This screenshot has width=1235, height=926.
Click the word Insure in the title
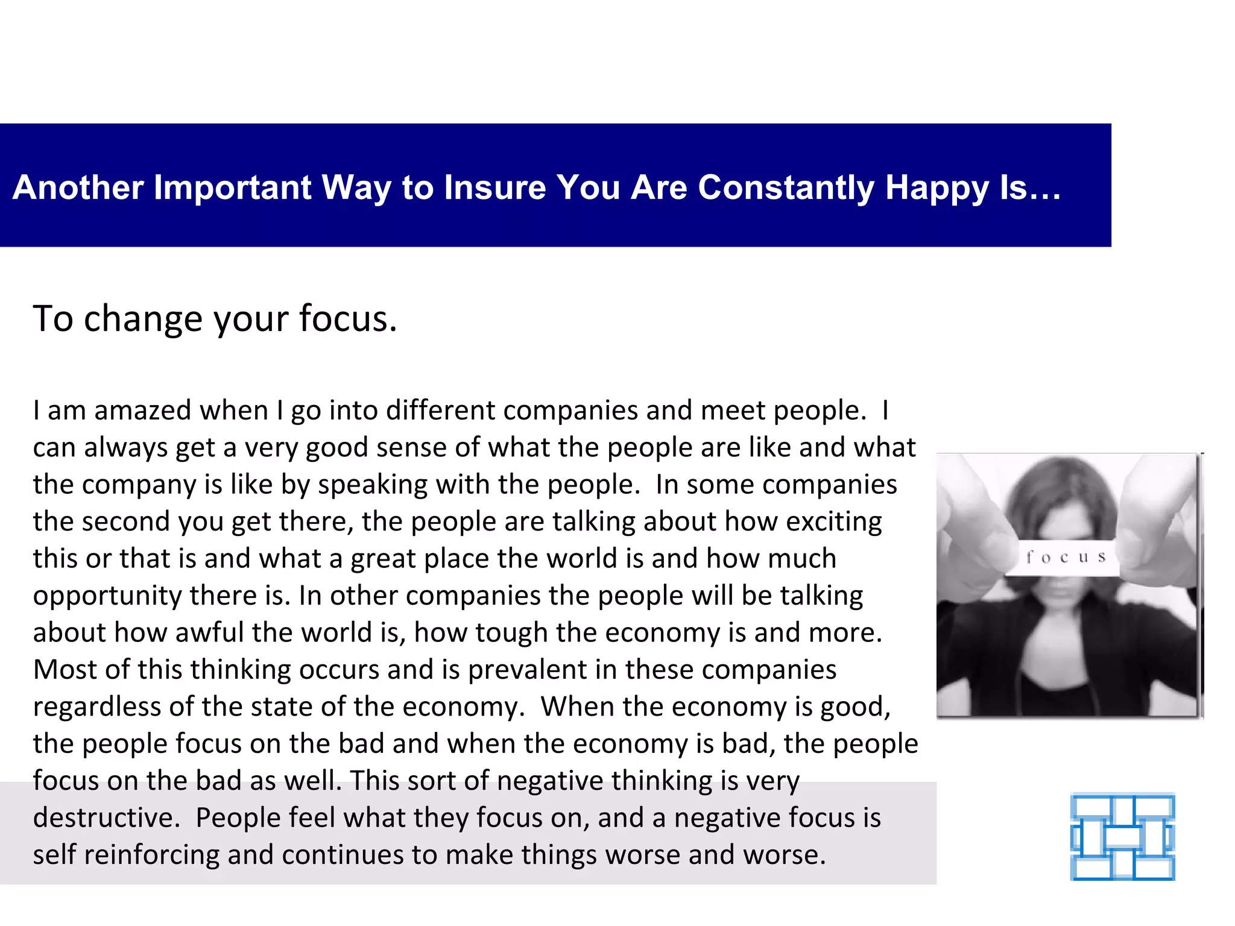(494, 187)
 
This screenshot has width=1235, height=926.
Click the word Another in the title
(78, 187)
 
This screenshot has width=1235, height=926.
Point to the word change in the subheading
(143, 319)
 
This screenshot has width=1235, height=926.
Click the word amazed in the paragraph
(143, 411)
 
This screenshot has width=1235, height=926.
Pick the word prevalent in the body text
(527, 670)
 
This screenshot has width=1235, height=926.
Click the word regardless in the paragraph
(96, 707)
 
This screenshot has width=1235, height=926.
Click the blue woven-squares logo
(1122, 837)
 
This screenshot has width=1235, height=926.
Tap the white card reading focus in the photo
(1066, 558)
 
